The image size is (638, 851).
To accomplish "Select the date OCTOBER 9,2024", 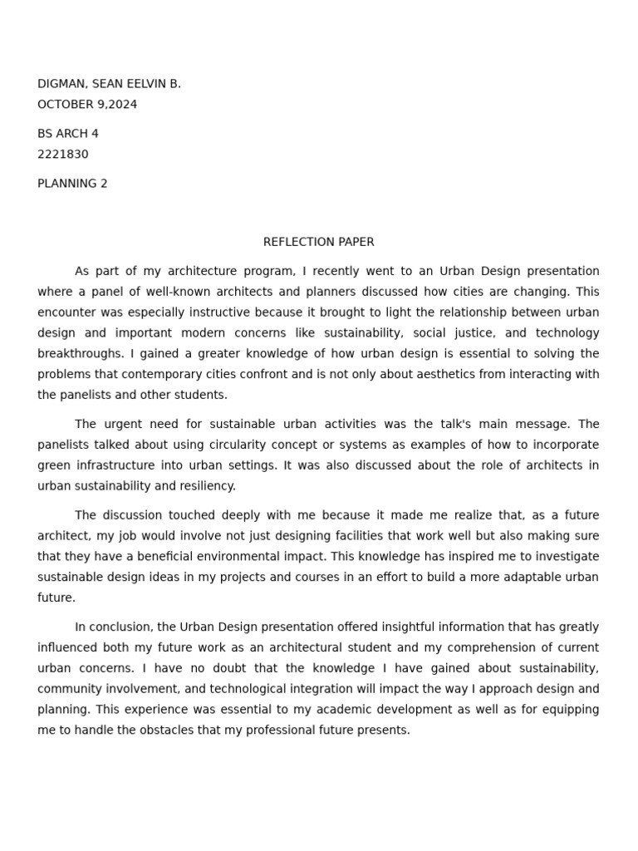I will point(87,105).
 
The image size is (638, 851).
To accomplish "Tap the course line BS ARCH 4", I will point(68,134).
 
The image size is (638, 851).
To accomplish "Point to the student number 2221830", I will point(63,155).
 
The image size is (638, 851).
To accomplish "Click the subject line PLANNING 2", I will point(72,184).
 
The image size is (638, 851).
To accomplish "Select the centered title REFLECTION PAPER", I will point(318,242).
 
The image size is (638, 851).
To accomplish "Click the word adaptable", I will point(527,577).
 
